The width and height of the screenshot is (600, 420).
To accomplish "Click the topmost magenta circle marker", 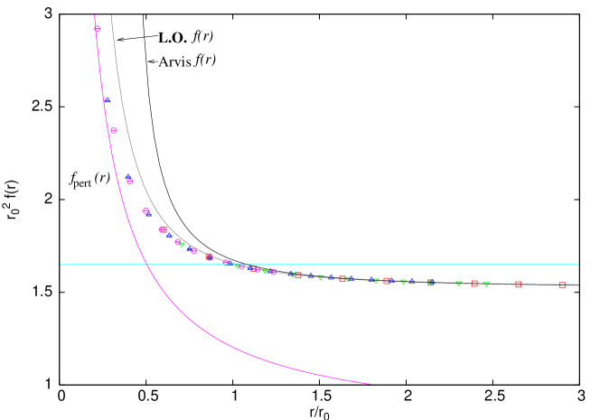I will (x=98, y=29).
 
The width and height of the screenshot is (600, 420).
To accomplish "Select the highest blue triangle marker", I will (x=107, y=99).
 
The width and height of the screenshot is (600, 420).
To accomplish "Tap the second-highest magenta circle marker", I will (x=113, y=130).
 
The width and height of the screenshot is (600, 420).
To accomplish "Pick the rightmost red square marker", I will (x=562, y=285).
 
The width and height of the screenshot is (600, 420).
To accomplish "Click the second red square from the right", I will (x=518, y=285).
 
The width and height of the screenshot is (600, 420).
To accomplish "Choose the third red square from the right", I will (x=474, y=284).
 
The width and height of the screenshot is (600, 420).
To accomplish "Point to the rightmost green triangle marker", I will (x=486, y=284).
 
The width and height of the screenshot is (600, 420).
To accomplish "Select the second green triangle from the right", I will (x=459, y=284).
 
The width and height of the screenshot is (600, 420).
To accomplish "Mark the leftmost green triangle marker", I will (x=182, y=245).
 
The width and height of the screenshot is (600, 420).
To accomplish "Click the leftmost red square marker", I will (x=163, y=229).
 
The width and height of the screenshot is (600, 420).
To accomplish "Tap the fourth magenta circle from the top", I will (x=145, y=210).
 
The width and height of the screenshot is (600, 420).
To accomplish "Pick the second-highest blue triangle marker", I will (x=128, y=177).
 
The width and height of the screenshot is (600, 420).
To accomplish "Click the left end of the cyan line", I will (x=61, y=265).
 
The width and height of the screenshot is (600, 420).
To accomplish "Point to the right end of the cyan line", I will (x=578, y=265).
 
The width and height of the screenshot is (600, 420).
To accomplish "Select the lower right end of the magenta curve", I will (x=371, y=384).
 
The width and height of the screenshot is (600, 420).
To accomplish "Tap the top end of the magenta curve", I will (x=94, y=14).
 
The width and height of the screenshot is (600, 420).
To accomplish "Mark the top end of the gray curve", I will (x=111, y=14).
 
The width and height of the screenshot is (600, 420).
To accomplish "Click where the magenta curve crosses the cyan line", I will (x=145, y=265).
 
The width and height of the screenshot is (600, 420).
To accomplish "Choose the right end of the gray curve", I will (x=577, y=285).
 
